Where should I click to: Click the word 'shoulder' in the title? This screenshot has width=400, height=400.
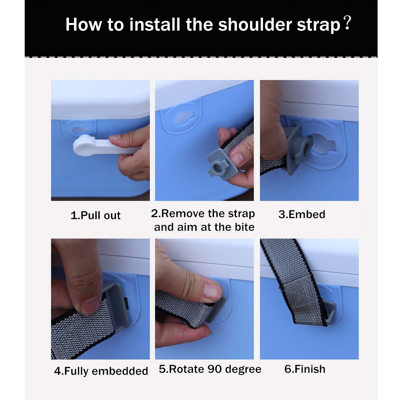255,25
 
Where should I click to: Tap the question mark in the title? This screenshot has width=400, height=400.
347,23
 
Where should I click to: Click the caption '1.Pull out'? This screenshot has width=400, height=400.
95,215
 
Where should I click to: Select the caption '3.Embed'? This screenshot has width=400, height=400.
302,214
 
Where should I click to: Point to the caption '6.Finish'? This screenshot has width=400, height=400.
305,369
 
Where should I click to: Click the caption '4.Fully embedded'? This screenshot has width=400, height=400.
101,371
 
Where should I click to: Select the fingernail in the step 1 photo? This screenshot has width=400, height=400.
115,137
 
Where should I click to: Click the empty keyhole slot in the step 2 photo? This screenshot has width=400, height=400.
183,118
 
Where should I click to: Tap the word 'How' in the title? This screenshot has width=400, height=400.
83,25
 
